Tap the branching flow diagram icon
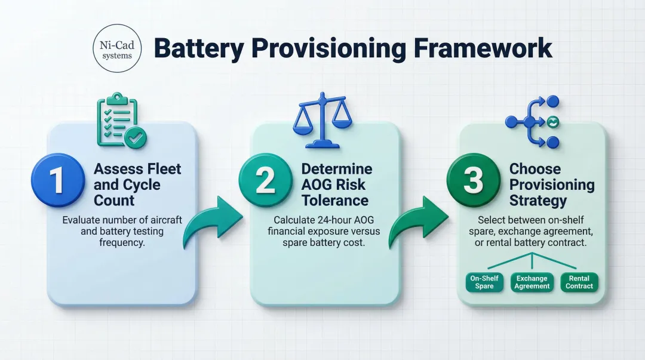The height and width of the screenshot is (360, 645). point(533,122)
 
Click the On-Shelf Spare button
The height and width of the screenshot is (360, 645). point(484,282)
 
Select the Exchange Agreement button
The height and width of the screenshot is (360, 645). point(532,282)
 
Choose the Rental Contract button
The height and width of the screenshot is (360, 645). point(579,282)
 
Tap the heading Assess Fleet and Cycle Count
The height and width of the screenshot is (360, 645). point(137,184)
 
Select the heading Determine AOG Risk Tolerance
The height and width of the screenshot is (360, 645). point(336,184)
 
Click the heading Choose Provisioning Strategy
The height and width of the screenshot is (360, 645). point(551,184)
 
